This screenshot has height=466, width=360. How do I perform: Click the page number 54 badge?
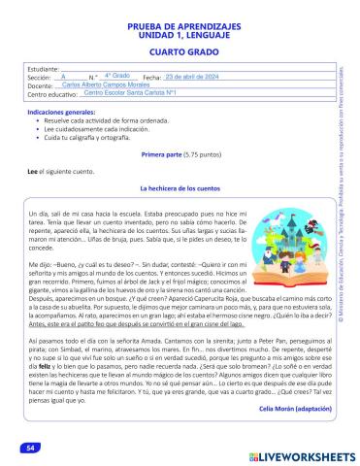pyautogui.click(x=30, y=448)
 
